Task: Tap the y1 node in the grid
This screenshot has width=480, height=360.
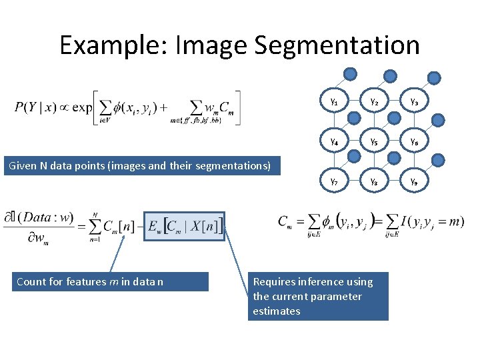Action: pos(334,101)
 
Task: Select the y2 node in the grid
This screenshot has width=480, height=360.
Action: pos(374,101)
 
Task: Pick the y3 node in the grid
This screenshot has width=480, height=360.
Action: pos(414,101)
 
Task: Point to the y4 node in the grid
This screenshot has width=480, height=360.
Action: pos(334,141)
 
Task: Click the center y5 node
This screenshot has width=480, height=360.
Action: pos(374,141)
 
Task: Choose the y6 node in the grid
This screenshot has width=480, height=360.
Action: pos(414,141)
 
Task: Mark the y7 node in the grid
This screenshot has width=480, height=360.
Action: pos(334,181)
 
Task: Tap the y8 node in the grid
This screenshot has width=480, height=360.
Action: pos(374,181)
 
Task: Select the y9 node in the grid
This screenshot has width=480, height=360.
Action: pos(414,181)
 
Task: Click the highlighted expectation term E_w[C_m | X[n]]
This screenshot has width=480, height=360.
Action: pos(185,226)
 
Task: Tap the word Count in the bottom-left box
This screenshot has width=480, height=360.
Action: pos(31,282)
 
